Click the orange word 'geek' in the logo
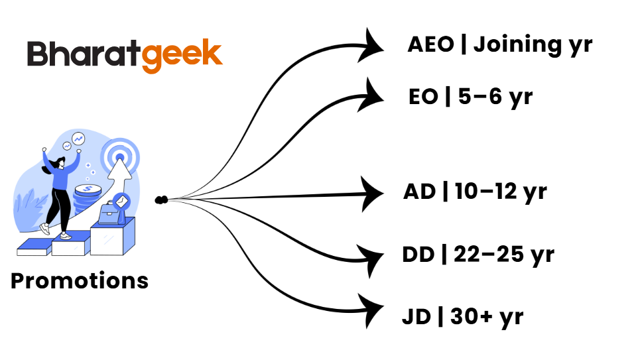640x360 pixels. click(x=182, y=54)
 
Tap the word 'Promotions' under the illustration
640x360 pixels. click(x=80, y=280)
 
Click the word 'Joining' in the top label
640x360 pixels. click(x=515, y=46)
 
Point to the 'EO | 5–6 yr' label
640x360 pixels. click(x=470, y=97)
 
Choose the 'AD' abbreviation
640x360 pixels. click(x=419, y=192)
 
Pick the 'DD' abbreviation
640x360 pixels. click(x=419, y=255)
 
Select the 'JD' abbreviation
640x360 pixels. click(x=416, y=316)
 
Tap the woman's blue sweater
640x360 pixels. click(x=62, y=176)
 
